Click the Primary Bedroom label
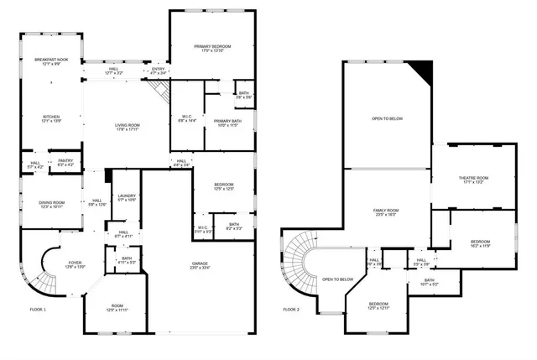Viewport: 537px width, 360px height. tap(212, 48)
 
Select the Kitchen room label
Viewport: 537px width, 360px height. tap(52, 119)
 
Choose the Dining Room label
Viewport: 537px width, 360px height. tap(51, 204)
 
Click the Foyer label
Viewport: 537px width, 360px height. tap(76, 264)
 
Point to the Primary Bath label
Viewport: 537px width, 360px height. tap(223, 123)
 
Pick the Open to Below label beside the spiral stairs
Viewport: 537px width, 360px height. tap(337, 279)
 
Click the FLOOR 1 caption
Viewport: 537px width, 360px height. tap(38, 310)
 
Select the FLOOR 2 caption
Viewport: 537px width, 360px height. tap(290, 310)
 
